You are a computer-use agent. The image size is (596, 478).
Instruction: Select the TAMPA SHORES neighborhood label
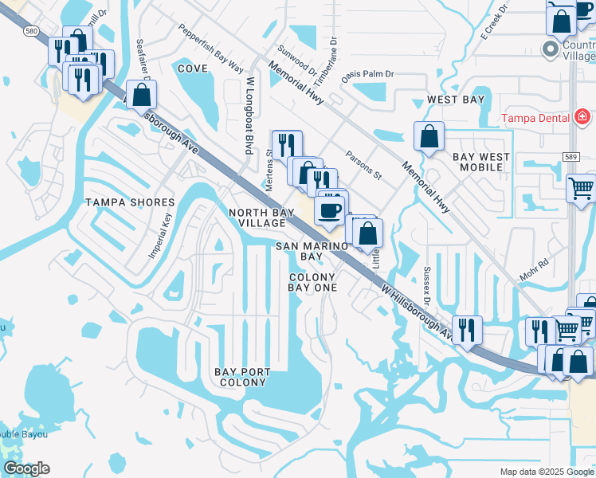point(130,202)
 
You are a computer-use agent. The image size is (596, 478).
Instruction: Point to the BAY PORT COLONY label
point(242,377)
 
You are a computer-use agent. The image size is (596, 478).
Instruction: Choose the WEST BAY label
point(456,100)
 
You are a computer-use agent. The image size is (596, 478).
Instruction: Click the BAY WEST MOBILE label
point(480,163)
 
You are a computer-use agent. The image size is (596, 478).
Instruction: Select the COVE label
point(193,69)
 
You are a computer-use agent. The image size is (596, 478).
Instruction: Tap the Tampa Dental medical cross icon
point(582,118)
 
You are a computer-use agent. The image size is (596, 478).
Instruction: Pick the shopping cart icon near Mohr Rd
point(581,189)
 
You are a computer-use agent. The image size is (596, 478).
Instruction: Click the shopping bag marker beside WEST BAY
point(429,135)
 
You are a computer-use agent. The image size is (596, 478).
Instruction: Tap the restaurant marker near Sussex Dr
point(467,329)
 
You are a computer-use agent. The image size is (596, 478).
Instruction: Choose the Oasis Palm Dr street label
point(367,75)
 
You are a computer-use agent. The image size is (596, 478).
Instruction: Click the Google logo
point(26,469)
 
